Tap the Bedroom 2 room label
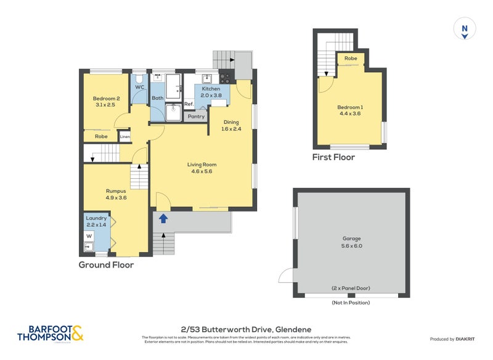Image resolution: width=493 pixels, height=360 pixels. pyautogui.click(x=106, y=102)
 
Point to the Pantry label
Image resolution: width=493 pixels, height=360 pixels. pyautogui.click(x=196, y=116)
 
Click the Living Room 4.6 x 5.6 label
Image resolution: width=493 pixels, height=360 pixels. pyautogui.click(x=202, y=168)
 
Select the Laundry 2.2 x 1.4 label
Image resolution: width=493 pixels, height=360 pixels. pyautogui.click(x=96, y=222)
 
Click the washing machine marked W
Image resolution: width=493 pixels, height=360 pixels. pyautogui.click(x=89, y=236)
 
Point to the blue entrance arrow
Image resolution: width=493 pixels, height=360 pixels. pyautogui.click(x=163, y=218)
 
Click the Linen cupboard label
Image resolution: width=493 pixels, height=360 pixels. pyautogui.click(x=125, y=136)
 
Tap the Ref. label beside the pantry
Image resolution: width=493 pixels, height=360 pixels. pyautogui.click(x=189, y=105)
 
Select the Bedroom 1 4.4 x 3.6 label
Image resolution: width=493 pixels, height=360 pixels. pyautogui.click(x=350, y=109)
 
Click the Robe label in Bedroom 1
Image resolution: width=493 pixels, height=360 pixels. pyautogui.click(x=350, y=59)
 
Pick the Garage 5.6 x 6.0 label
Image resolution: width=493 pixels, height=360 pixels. pyautogui.click(x=351, y=242)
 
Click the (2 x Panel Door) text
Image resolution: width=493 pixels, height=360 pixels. pyautogui.click(x=351, y=288)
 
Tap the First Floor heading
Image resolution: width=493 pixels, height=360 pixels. pyautogui.click(x=333, y=158)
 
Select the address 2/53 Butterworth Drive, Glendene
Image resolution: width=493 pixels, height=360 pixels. pyautogui.click(x=246, y=330)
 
